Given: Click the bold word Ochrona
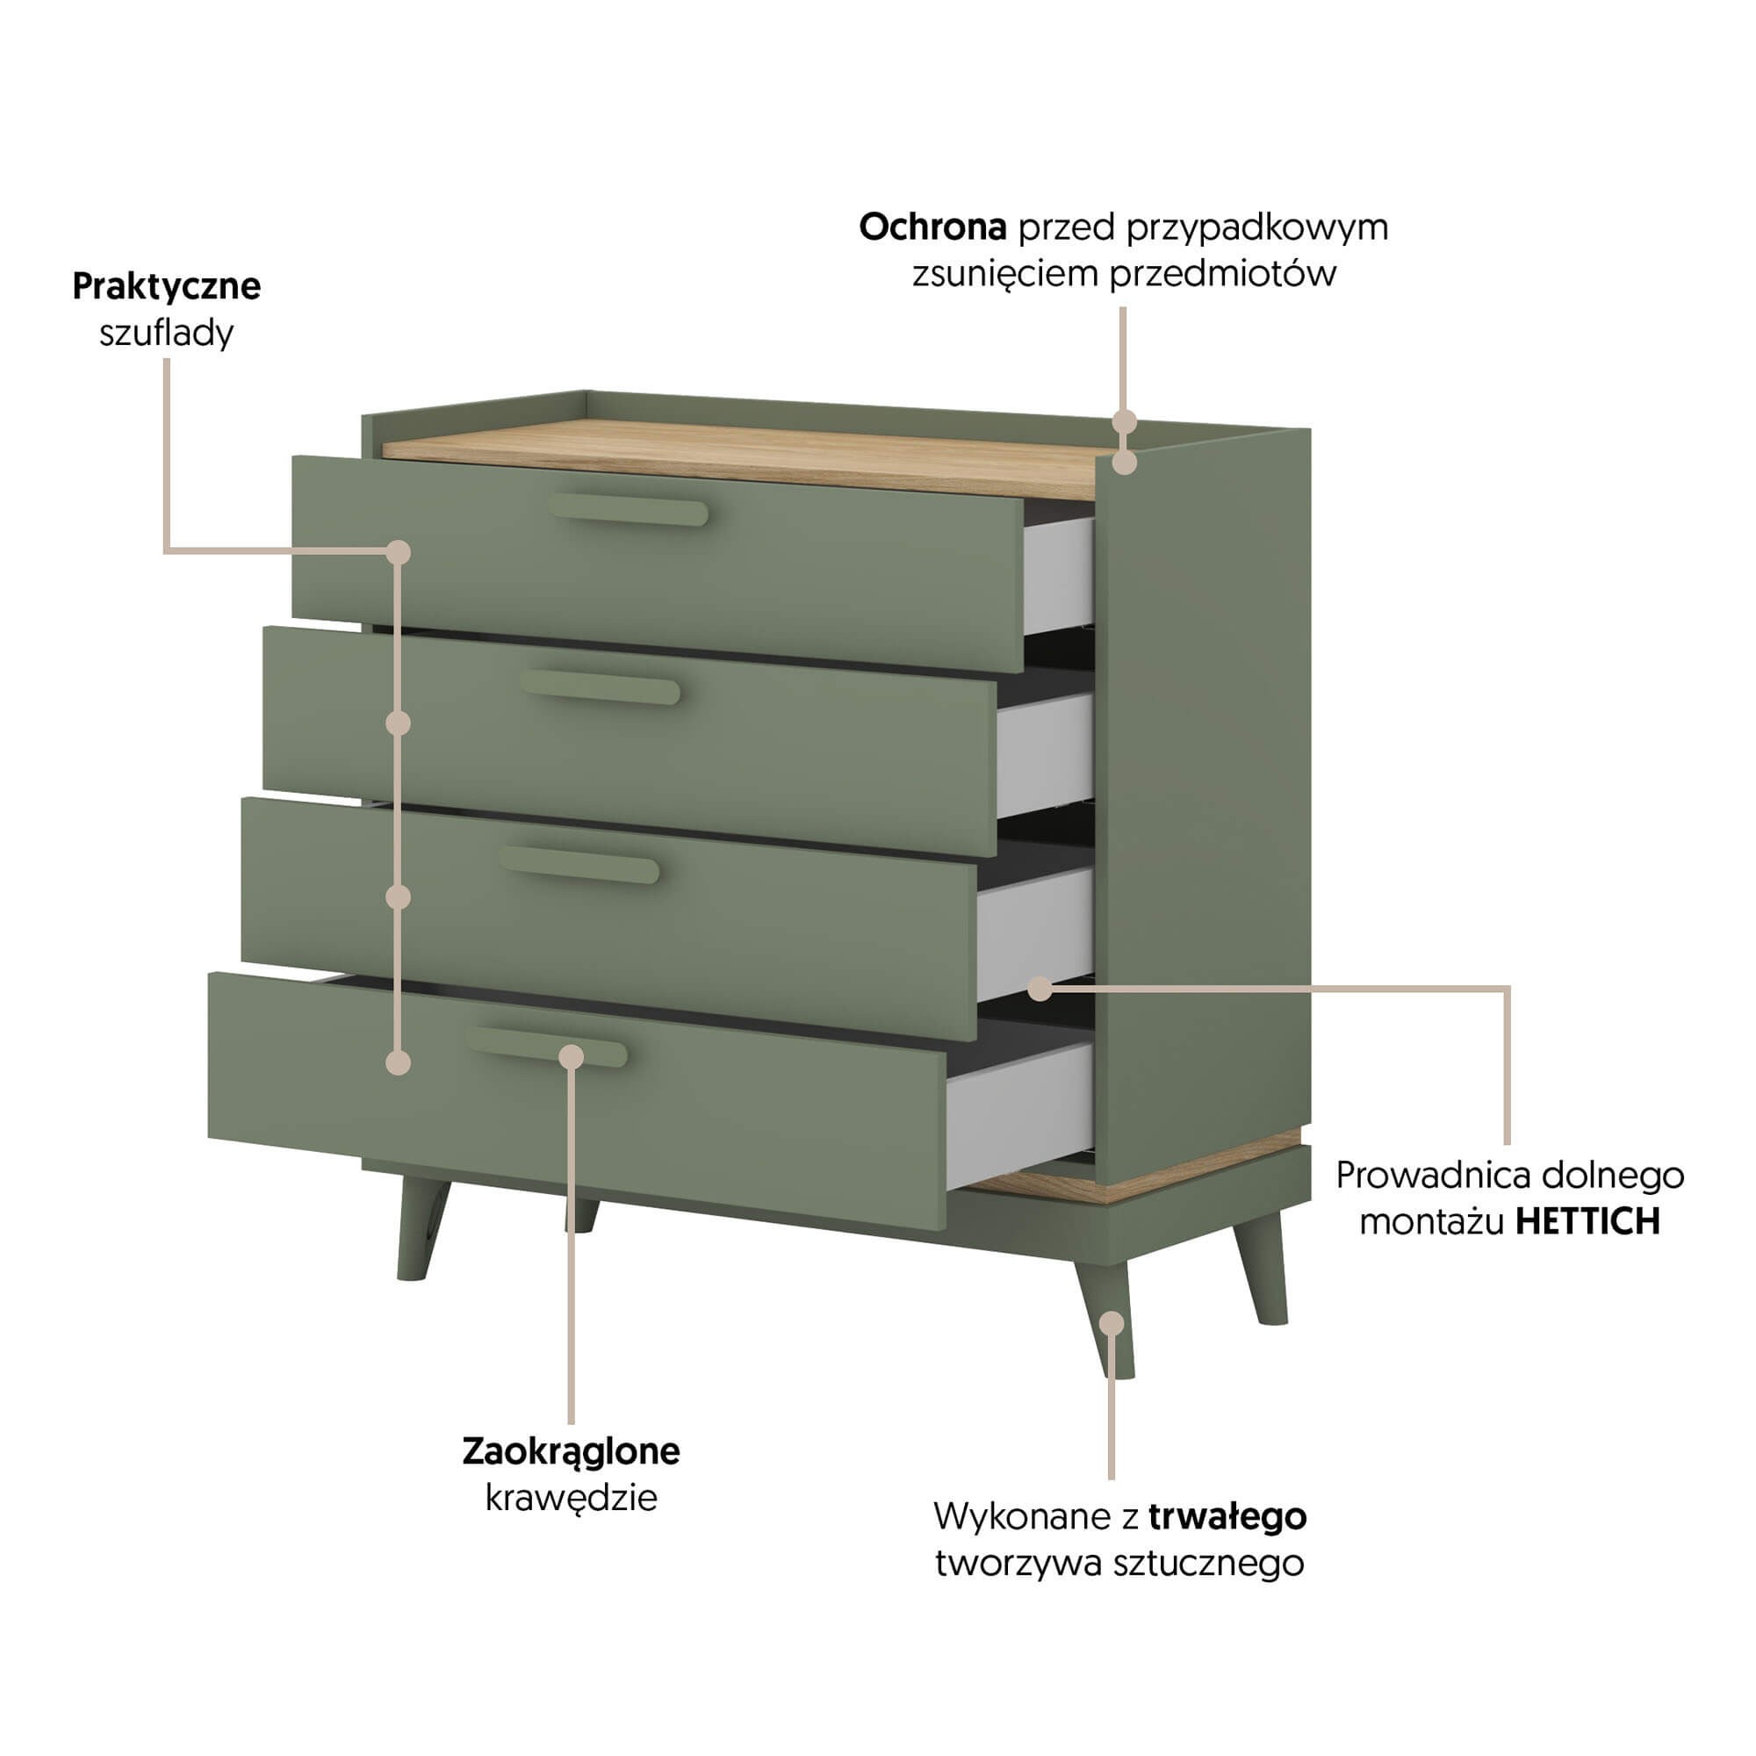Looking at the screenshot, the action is (932, 227).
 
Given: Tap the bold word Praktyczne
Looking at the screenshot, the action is (166, 286).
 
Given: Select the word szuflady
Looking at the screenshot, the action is (166, 334).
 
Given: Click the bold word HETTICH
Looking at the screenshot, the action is (1587, 1222).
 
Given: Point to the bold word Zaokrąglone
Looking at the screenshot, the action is (571, 1451).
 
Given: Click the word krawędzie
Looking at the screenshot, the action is (571, 1498).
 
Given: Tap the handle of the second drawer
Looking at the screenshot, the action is (601, 687).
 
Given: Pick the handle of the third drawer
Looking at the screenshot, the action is (579, 864).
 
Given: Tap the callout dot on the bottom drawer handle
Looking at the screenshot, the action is (571, 1056).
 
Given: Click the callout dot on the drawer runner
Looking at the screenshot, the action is (1041, 989).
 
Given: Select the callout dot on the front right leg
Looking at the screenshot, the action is (1111, 1322).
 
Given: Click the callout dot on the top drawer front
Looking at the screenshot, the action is (398, 551).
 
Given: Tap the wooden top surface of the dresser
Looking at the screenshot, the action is (745, 459).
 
